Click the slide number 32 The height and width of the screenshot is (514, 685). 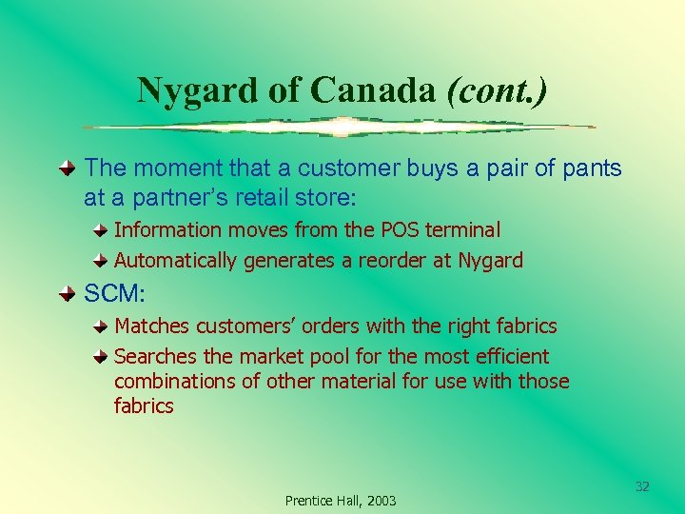pos(642,486)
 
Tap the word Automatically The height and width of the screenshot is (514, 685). pos(176,260)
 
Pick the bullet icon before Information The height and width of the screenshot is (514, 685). pos(102,230)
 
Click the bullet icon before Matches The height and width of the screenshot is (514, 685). pos(102,326)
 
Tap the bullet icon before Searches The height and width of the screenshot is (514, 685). pos(102,357)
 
